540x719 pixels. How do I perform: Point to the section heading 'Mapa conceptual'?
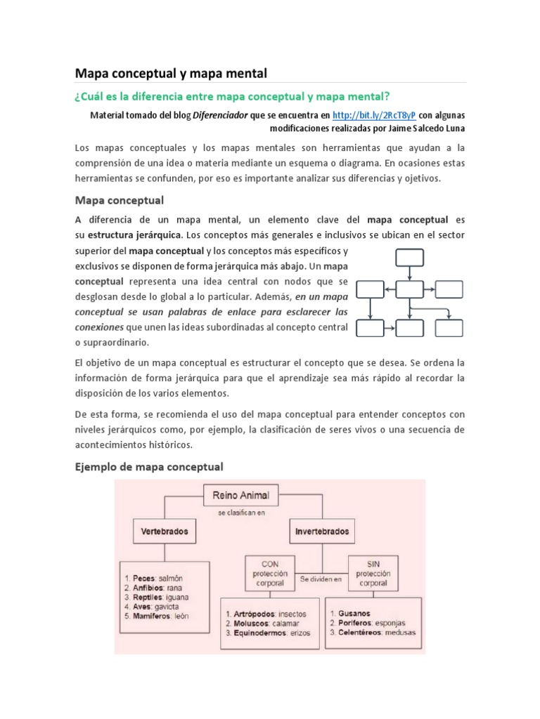pos(119,200)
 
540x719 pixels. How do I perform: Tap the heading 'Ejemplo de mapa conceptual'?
pos(148,466)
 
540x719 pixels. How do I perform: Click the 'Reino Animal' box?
pos(241,496)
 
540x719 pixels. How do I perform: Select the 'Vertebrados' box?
pos(165,532)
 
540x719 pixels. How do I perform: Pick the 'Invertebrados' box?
pos(321,532)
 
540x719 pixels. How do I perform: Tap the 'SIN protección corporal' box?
pos(373,573)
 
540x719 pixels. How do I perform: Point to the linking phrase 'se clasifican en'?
pos(241,513)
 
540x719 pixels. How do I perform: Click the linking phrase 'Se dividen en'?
pos(321,579)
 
